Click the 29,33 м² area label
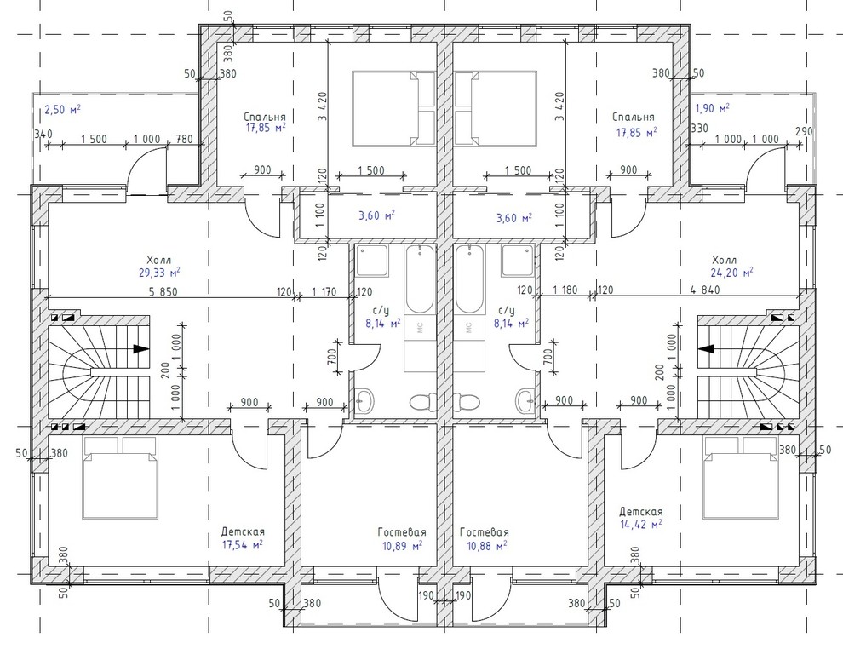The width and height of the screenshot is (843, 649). tap(159, 272)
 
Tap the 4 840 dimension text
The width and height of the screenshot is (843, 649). tap(705, 290)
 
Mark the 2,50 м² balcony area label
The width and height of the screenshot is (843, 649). tap(62, 110)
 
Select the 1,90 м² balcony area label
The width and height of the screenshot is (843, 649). tap(713, 108)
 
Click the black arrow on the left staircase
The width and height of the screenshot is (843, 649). tap(140, 348)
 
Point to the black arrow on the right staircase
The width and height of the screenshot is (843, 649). tap(707, 348)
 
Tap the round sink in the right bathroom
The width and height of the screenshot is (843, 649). tap(525, 400)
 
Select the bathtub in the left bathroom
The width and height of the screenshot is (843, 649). tap(419, 279)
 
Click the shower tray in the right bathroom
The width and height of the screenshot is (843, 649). tap(518, 261)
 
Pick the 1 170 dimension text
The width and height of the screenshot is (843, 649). tap(324, 292)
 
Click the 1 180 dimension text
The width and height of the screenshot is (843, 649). tap(565, 290)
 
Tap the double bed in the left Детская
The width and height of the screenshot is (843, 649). tap(120, 478)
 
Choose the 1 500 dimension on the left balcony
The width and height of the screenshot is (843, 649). tap(94, 139)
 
